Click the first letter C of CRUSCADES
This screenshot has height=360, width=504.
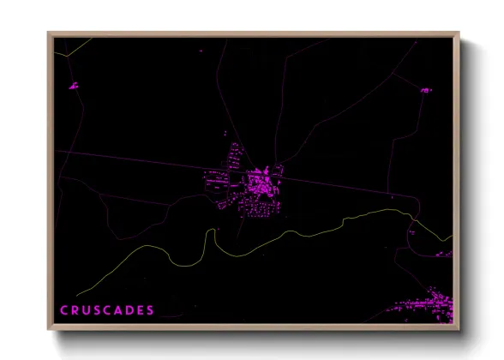(63, 309)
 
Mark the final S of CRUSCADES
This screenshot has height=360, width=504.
(152, 309)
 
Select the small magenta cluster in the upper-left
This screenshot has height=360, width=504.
(73, 86)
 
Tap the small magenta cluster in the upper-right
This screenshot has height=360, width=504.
(424, 89)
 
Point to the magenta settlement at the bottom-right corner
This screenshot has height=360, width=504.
(424, 309)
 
